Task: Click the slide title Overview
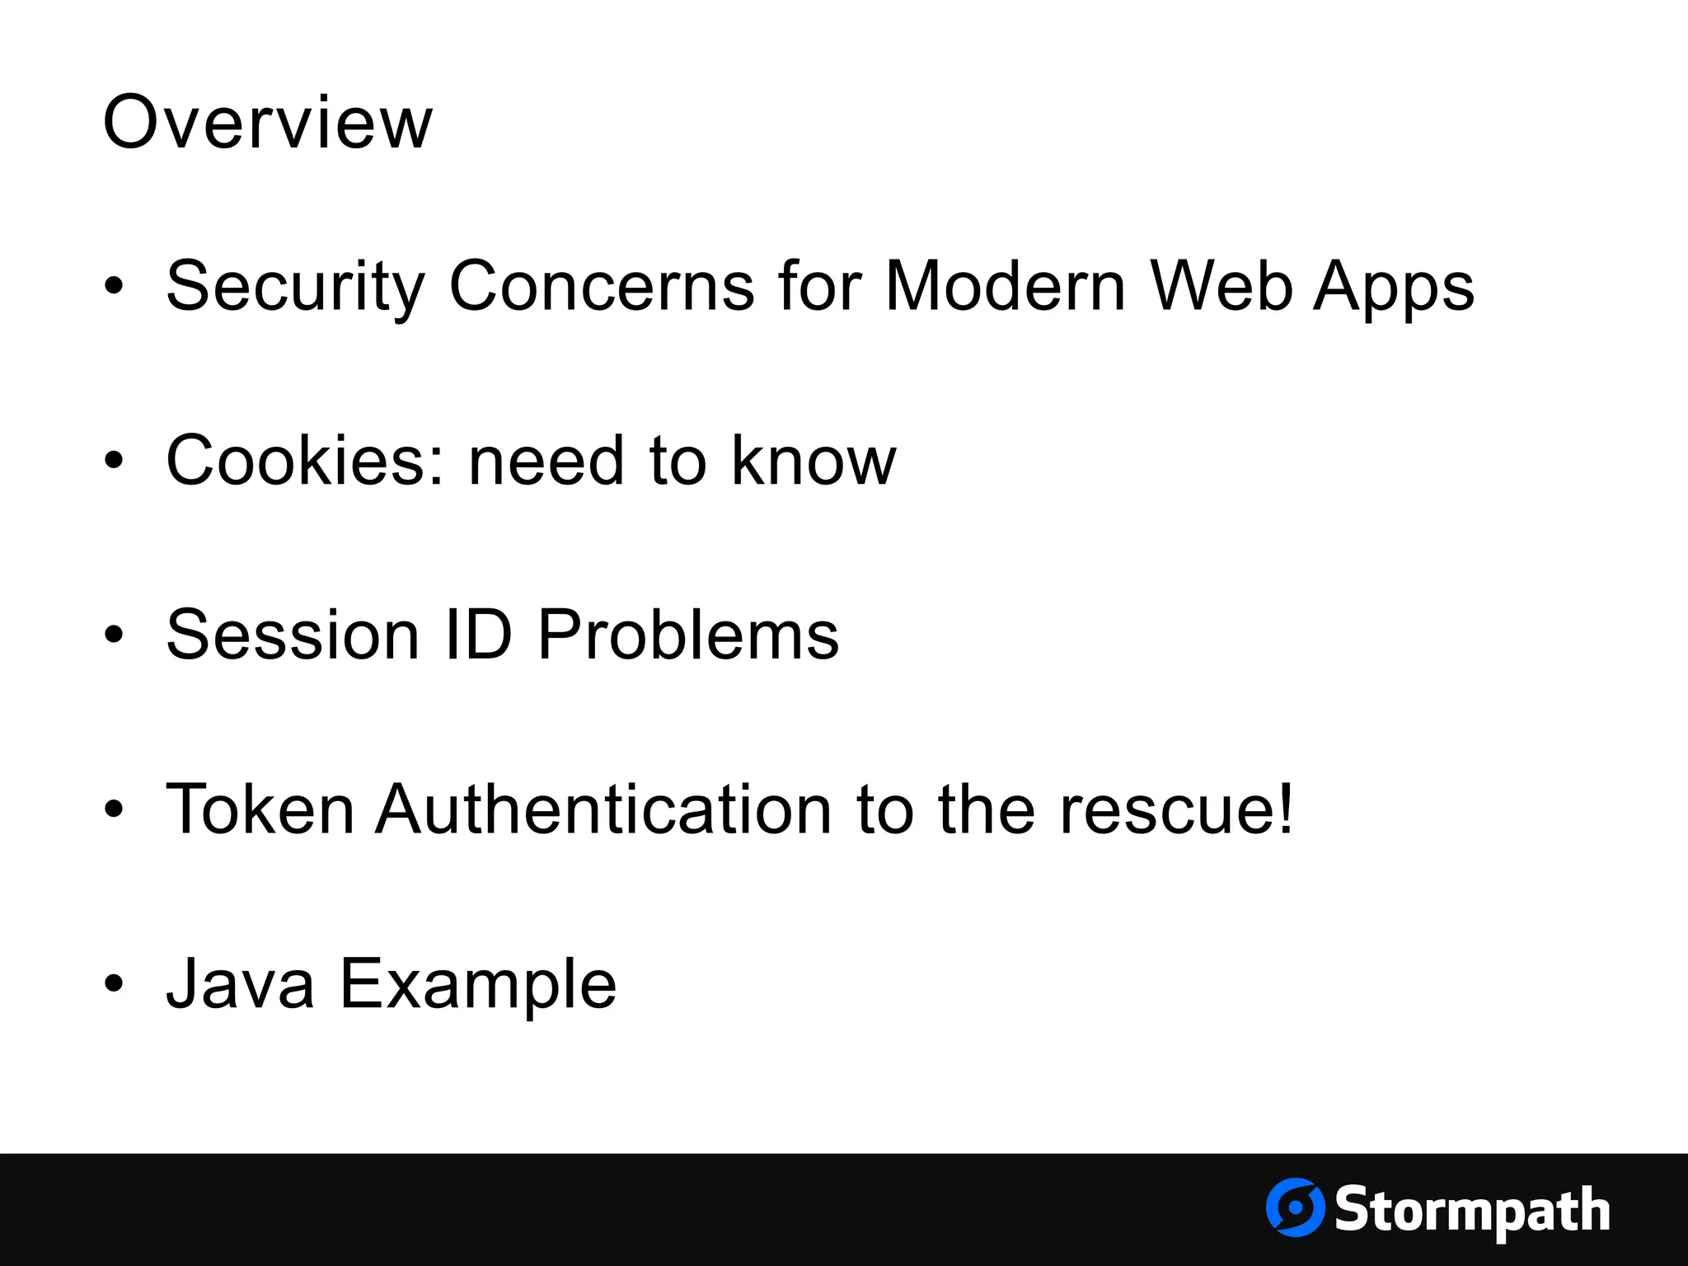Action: (267, 122)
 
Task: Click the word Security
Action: (295, 286)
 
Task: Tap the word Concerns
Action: (602, 286)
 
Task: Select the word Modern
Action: (1005, 286)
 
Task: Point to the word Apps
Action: (1393, 288)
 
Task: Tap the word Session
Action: (293, 635)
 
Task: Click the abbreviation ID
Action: (479, 635)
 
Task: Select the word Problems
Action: (688, 635)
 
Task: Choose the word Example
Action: (478, 985)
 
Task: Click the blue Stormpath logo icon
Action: (1295, 1207)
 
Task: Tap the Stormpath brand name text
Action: (1472, 1210)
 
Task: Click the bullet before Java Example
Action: (114, 983)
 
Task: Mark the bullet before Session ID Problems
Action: (114, 635)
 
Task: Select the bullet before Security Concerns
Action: (114, 286)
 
